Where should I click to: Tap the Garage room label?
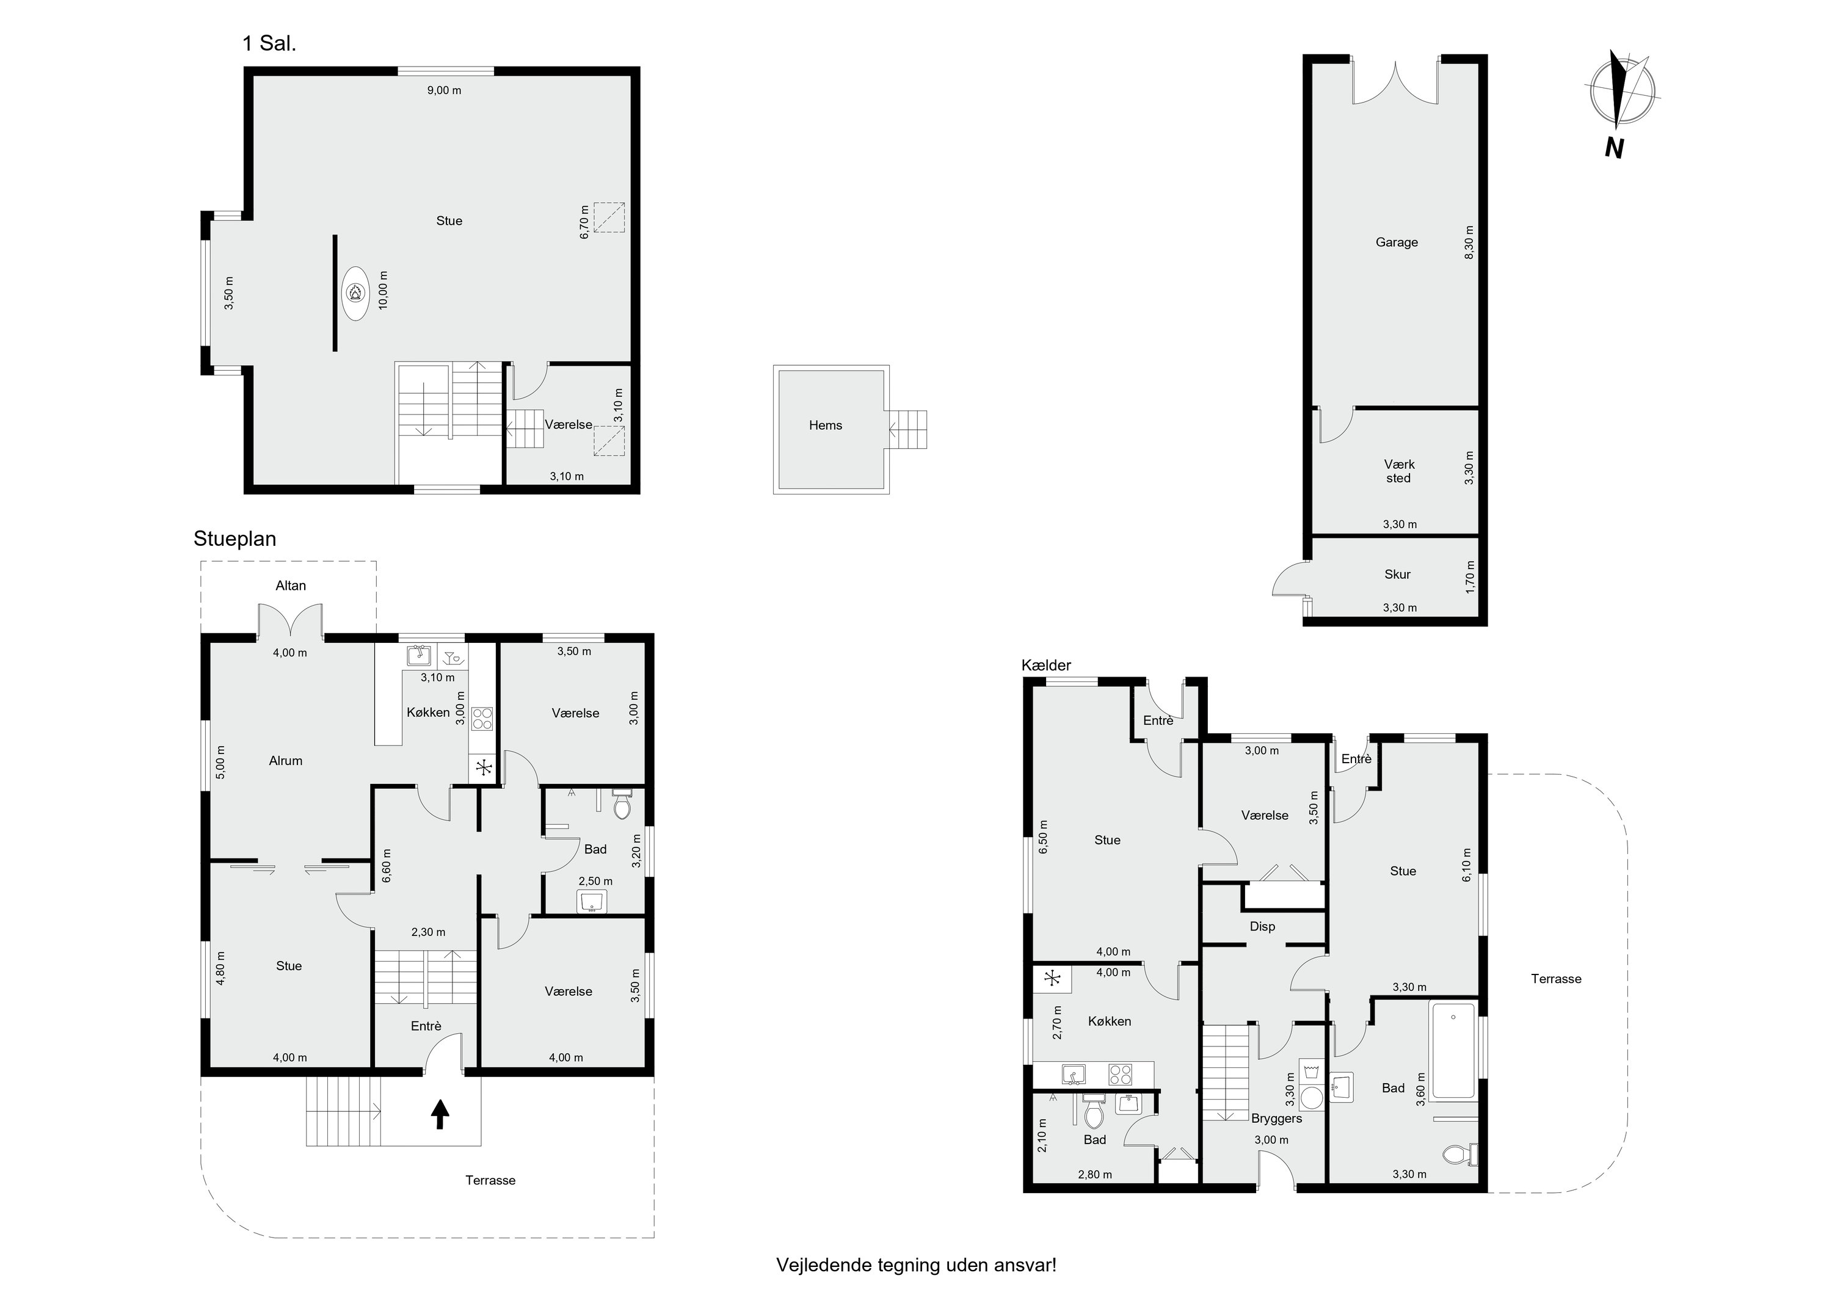[1397, 242]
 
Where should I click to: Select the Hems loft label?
[825, 426]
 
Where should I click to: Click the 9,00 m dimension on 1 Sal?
[445, 90]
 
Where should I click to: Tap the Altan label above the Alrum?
[291, 586]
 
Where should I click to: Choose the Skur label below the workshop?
[1397, 575]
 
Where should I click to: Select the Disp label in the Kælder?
[1262, 926]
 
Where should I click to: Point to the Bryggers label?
[1277, 1119]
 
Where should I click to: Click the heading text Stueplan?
[234, 539]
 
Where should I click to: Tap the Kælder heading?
[1046, 666]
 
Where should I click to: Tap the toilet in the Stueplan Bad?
[622, 805]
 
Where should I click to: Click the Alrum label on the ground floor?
[286, 761]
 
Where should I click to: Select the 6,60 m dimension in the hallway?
[386, 866]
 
